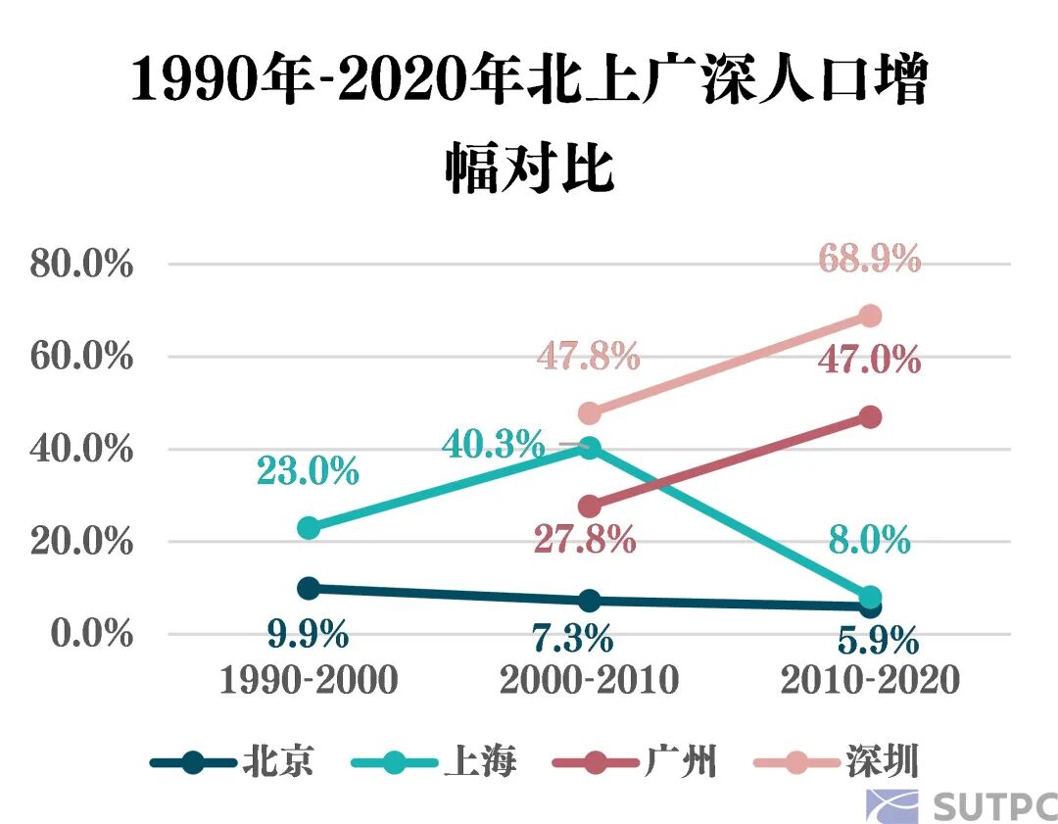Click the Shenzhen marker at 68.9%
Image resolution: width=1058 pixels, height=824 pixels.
[870, 315]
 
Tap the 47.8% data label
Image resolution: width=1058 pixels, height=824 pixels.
[588, 357]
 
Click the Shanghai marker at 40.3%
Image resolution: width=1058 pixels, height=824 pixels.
[589, 449]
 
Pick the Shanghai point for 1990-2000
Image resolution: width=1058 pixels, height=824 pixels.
[309, 528]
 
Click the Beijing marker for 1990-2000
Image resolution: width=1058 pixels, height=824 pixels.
[309, 588]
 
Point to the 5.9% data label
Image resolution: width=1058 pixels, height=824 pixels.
[878, 642]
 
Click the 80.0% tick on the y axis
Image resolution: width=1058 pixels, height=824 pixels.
[81, 264]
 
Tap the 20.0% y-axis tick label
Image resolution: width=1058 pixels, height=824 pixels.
[81, 541]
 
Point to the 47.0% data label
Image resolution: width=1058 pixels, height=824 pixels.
[870, 360]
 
